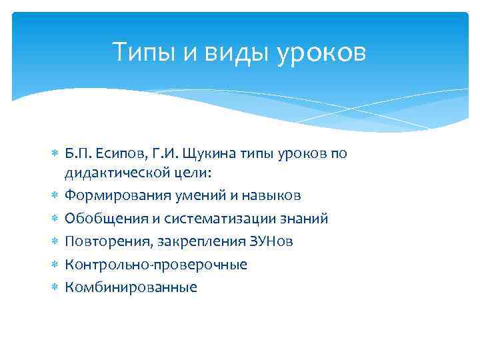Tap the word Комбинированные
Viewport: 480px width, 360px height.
coord(131,287)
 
